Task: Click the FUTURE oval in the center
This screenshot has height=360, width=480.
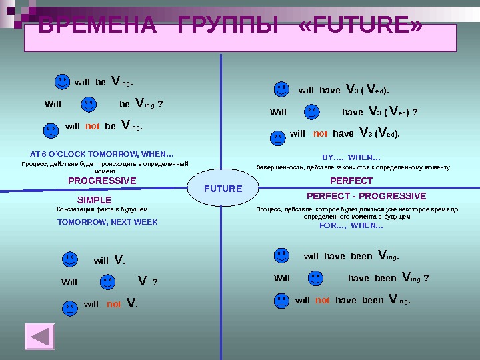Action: pos(223,189)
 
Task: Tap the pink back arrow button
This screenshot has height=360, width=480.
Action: pos(39,336)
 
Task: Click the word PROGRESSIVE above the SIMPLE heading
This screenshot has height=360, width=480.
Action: pos(102,181)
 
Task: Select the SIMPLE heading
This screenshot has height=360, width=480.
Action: pos(95,200)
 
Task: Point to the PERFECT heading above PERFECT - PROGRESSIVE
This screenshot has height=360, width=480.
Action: pos(351,181)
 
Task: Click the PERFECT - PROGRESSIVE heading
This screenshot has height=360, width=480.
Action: pos(366,197)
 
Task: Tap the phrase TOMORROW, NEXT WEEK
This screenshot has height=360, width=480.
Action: pos(107,222)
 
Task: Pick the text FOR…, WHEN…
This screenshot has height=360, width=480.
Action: pos(351,225)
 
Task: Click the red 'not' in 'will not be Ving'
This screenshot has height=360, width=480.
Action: pos(93,126)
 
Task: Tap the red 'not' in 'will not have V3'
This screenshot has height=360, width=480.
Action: pos(321,134)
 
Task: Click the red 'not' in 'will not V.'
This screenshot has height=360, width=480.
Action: pos(114,305)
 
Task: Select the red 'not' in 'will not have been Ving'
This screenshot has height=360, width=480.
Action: pos(323,301)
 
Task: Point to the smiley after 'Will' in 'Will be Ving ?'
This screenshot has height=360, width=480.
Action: pos(89,104)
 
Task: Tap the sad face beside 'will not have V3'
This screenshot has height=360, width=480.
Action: pos(277,137)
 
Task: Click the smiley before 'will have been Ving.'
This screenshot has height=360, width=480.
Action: pos(281,255)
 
